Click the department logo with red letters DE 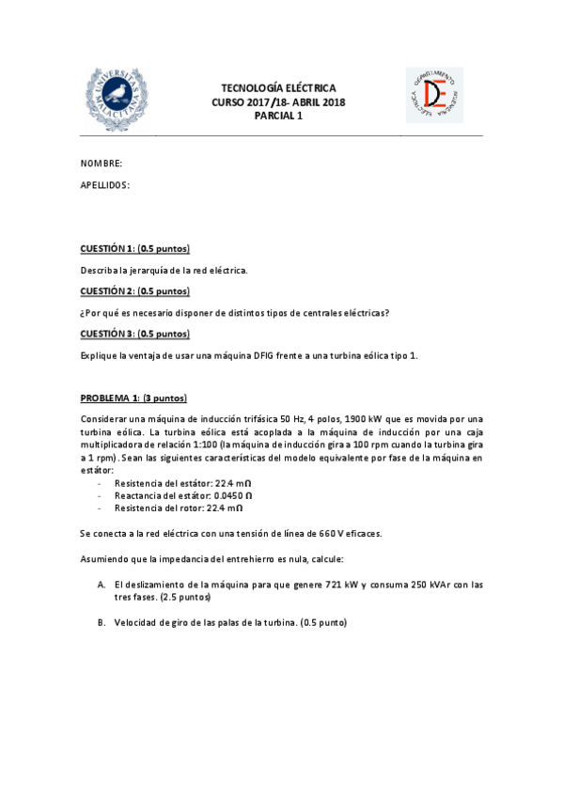[x=433, y=94]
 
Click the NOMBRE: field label [x=102, y=164]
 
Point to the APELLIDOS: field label [x=104, y=185]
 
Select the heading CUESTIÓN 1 [x=134, y=249]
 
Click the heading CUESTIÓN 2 [x=134, y=291]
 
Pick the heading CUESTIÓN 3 [x=134, y=334]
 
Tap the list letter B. [x=101, y=622]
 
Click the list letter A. [x=101, y=585]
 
